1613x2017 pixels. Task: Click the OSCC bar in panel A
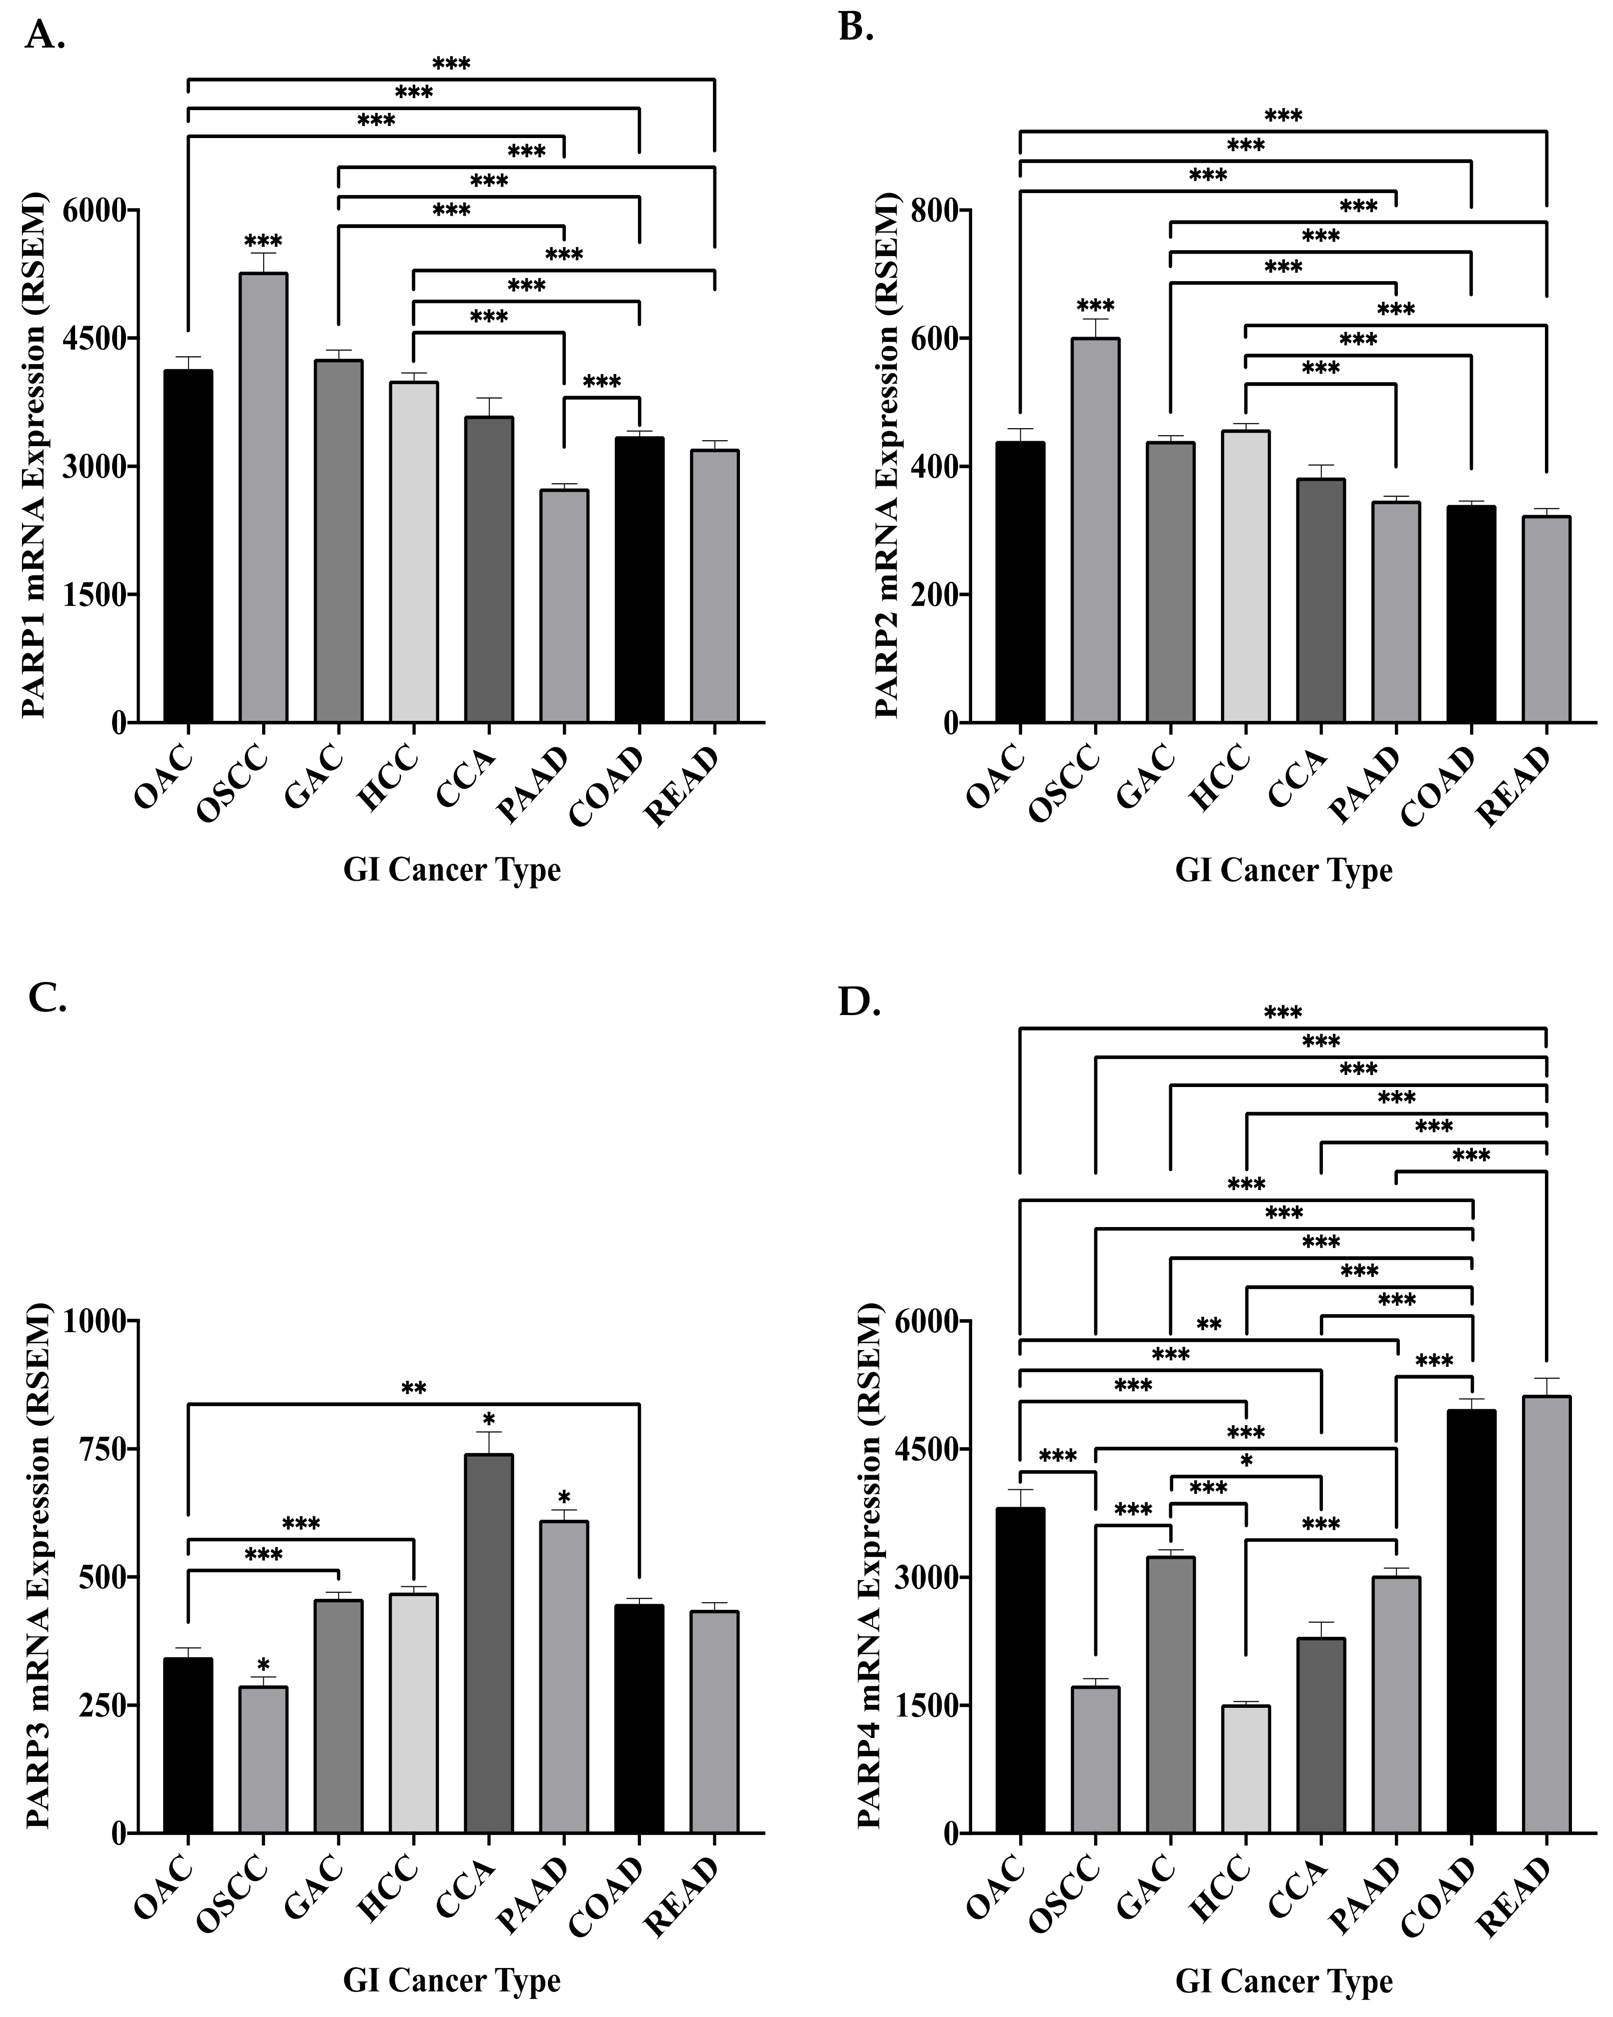[263, 496]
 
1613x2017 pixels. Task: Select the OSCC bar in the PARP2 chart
[1095, 529]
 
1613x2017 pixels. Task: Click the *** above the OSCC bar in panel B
[1095, 306]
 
